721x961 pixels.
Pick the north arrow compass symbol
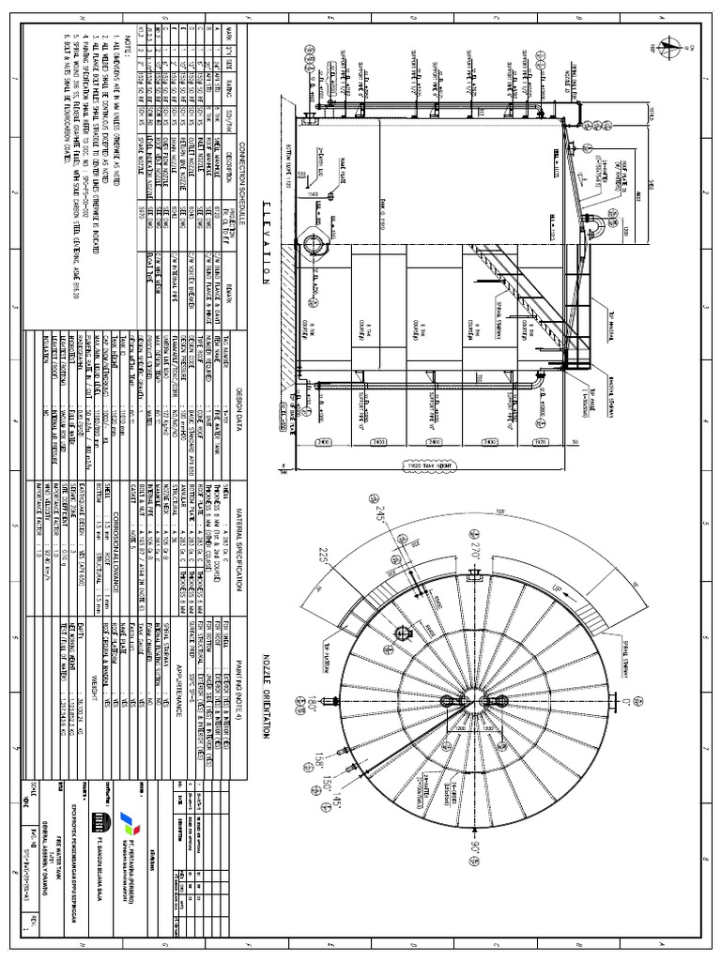(x=667, y=45)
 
